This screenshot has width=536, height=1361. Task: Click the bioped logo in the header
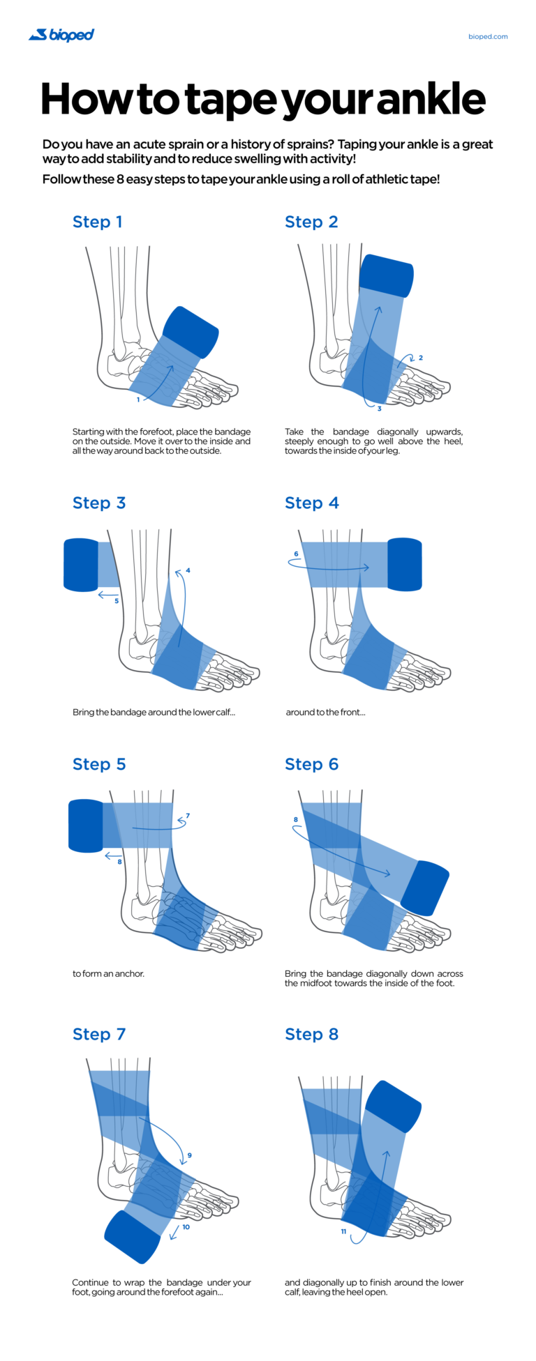(61, 35)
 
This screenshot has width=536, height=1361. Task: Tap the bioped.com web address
(488, 36)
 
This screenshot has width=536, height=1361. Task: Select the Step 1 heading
(98, 222)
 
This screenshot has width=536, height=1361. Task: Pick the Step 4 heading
(311, 503)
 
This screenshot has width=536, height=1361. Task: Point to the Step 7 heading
(99, 1034)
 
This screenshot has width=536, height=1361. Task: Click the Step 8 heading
(311, 1034)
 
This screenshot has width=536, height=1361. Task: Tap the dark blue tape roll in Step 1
(191, 333)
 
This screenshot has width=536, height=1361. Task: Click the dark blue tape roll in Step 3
(81, 565)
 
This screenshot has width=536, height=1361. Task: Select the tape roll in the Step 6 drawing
(424, 888)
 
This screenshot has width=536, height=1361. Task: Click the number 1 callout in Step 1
(138, 400)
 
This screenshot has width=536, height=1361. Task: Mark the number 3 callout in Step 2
(380, 409)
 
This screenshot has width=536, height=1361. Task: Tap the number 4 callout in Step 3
(188, 570)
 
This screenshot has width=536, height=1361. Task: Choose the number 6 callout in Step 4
(296, 554)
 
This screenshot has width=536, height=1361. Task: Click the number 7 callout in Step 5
(188, 816)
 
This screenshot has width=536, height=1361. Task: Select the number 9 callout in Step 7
(189, 1155)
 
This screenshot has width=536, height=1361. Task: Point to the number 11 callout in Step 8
(343, 1231)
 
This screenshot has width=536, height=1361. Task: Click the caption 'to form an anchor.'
(108, 973)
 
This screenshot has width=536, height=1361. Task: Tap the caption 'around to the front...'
(325, 712)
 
